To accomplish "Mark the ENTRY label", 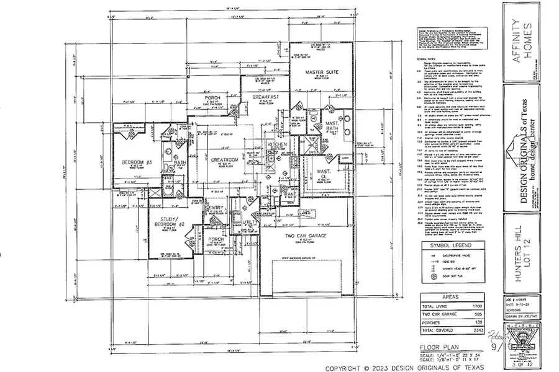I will [216, 208].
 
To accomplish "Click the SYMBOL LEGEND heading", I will [445, 245].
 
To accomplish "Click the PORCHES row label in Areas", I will [434, 323].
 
